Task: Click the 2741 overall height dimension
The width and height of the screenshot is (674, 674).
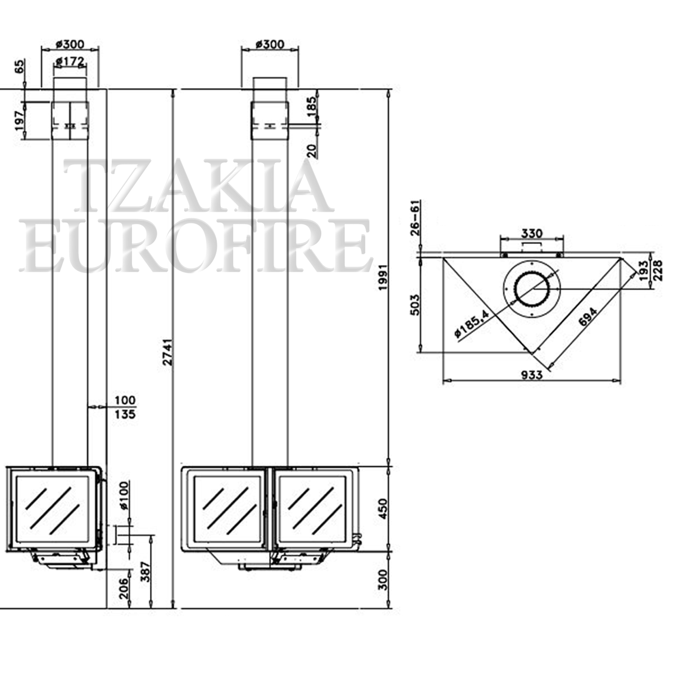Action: pyautogui.click(x=168, y=352)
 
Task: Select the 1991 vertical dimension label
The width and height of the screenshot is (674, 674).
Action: pyautogui.click(x=384, y=277)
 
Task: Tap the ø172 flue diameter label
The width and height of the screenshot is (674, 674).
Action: pyautogui.click(x=70, y=62)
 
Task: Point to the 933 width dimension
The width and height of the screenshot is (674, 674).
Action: pyautogui.click(x=532, y=375)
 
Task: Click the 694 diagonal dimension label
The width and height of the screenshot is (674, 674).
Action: pyautogui.click(x=588, y=317)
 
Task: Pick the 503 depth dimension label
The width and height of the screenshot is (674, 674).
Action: pyautogui.click(x=415, y=304)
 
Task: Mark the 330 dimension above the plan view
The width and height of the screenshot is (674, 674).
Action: pyautogui.click(x=532, y=233)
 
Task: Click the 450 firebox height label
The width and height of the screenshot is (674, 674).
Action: pyautogui.click(x=384, y=509)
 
